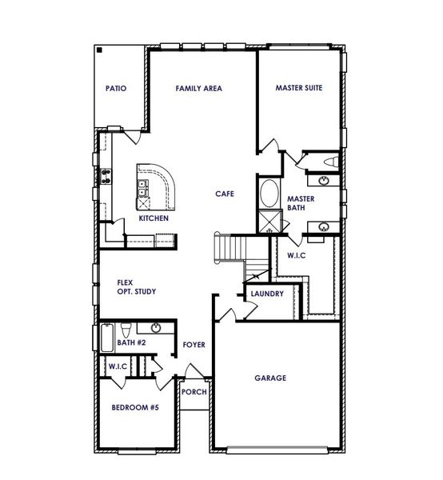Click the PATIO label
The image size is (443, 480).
click(117, 88)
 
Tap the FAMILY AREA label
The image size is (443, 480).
click(198, 88)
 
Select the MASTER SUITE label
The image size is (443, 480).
click(299, 88)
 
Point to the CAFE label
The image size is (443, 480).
click(224, 194)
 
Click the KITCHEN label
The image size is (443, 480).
click(154, 218)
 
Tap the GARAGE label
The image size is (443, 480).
click(270, 378)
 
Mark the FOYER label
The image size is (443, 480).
click(194, 345)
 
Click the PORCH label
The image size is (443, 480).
click(194, 392)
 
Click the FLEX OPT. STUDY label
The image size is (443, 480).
click(136, 287)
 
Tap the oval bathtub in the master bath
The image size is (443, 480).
click(269, 194)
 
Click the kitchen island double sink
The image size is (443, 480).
click(142, 190)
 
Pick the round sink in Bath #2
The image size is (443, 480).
click(155, 328)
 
